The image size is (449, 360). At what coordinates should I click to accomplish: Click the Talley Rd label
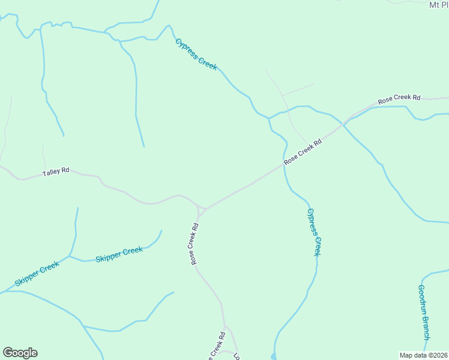[56, 172]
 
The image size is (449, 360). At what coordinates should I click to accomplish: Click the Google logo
[20, 353]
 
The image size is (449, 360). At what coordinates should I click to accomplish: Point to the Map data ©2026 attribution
[423, 355]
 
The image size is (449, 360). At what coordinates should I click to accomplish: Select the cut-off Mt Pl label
[438, 5]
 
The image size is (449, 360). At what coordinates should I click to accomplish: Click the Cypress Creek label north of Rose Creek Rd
[196, 55]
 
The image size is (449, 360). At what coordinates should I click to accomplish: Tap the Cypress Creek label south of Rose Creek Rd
[315, 232]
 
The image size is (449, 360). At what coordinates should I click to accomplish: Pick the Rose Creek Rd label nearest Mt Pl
[399, 99]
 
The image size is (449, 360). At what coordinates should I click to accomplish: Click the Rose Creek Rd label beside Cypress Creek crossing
[303, 152]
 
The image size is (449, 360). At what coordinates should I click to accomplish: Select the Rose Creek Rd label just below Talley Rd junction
[194, 244]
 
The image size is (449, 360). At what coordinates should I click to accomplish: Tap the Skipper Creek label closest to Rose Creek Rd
[119, 254]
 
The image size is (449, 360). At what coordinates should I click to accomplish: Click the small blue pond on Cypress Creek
[274, 356]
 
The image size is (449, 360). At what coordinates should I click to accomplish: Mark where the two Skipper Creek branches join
[70, 256]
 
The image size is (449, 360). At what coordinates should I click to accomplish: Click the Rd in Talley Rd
[65, 171]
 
